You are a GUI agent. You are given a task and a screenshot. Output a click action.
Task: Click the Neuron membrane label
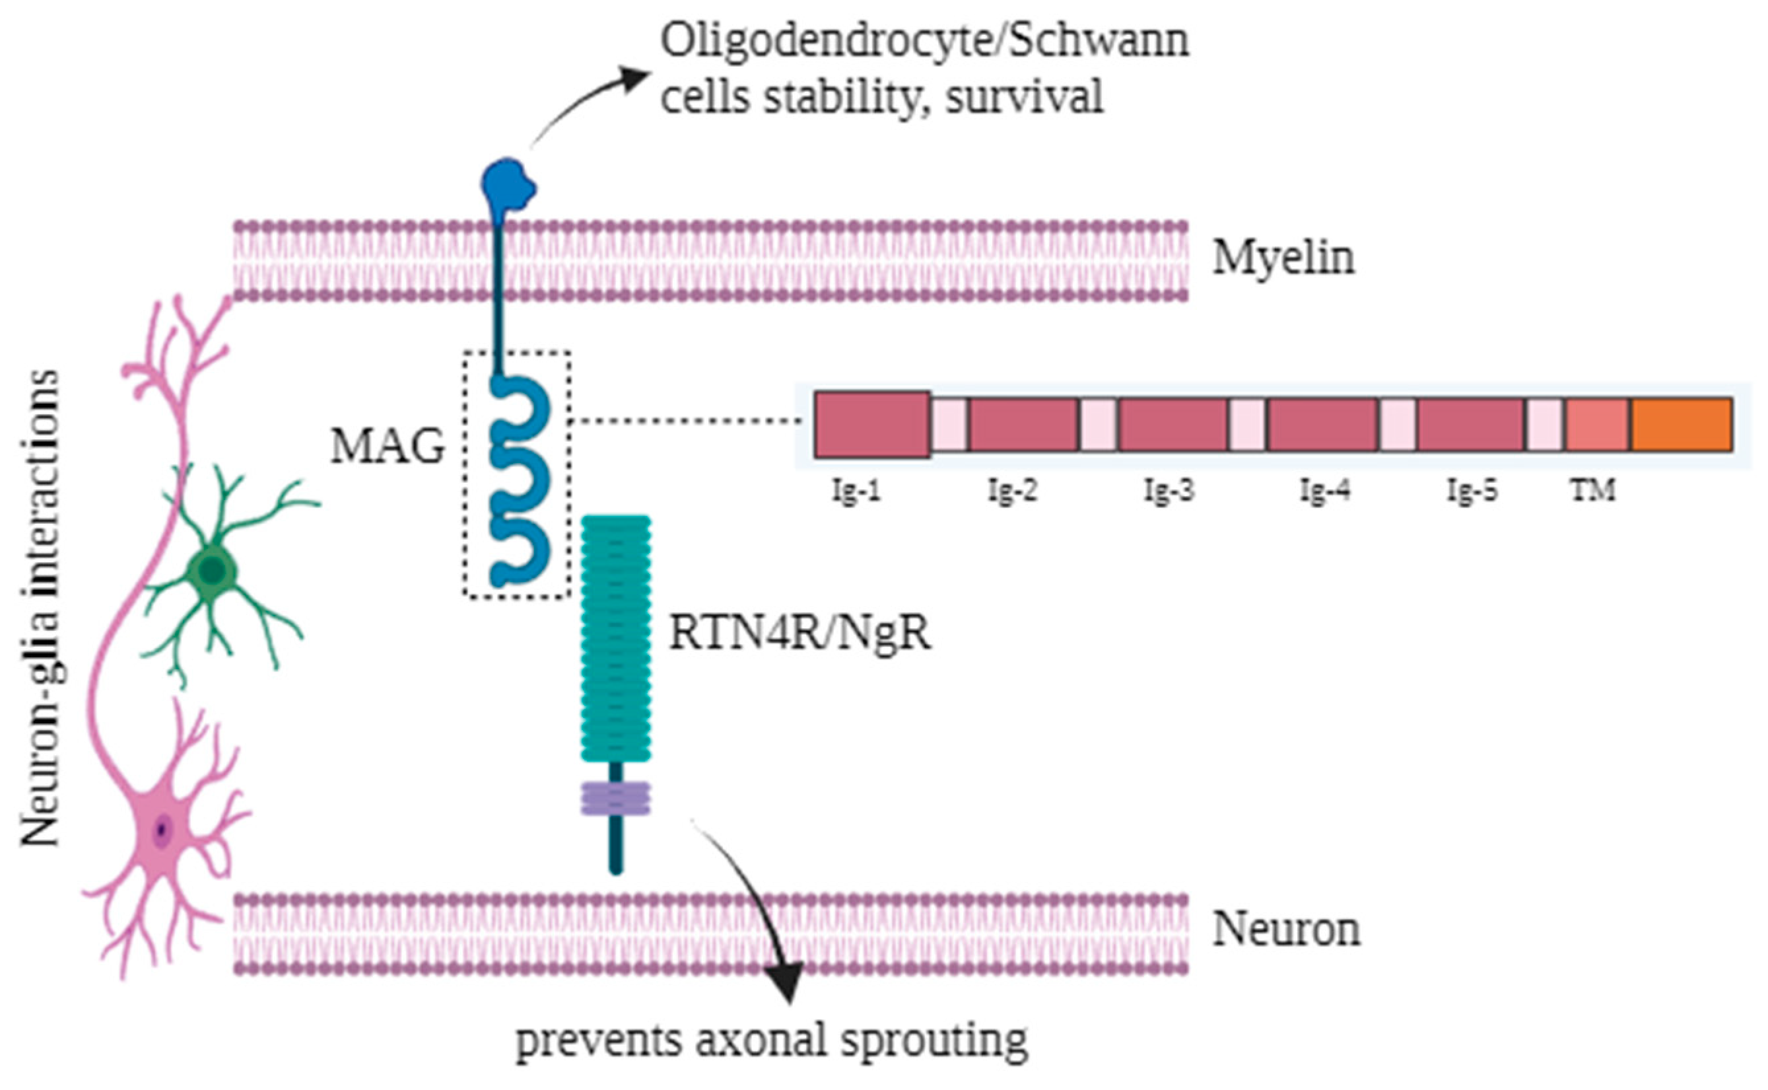point(1286,929)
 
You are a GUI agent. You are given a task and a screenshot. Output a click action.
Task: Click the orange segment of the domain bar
point(1682,425)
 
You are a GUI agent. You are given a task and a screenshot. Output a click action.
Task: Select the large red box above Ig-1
point(871,425)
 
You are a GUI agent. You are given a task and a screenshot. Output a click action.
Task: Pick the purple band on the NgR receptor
point(615,799)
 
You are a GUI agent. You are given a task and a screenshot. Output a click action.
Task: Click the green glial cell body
point(212,571)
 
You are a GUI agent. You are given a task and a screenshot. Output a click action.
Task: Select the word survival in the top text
point(1024,97)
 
